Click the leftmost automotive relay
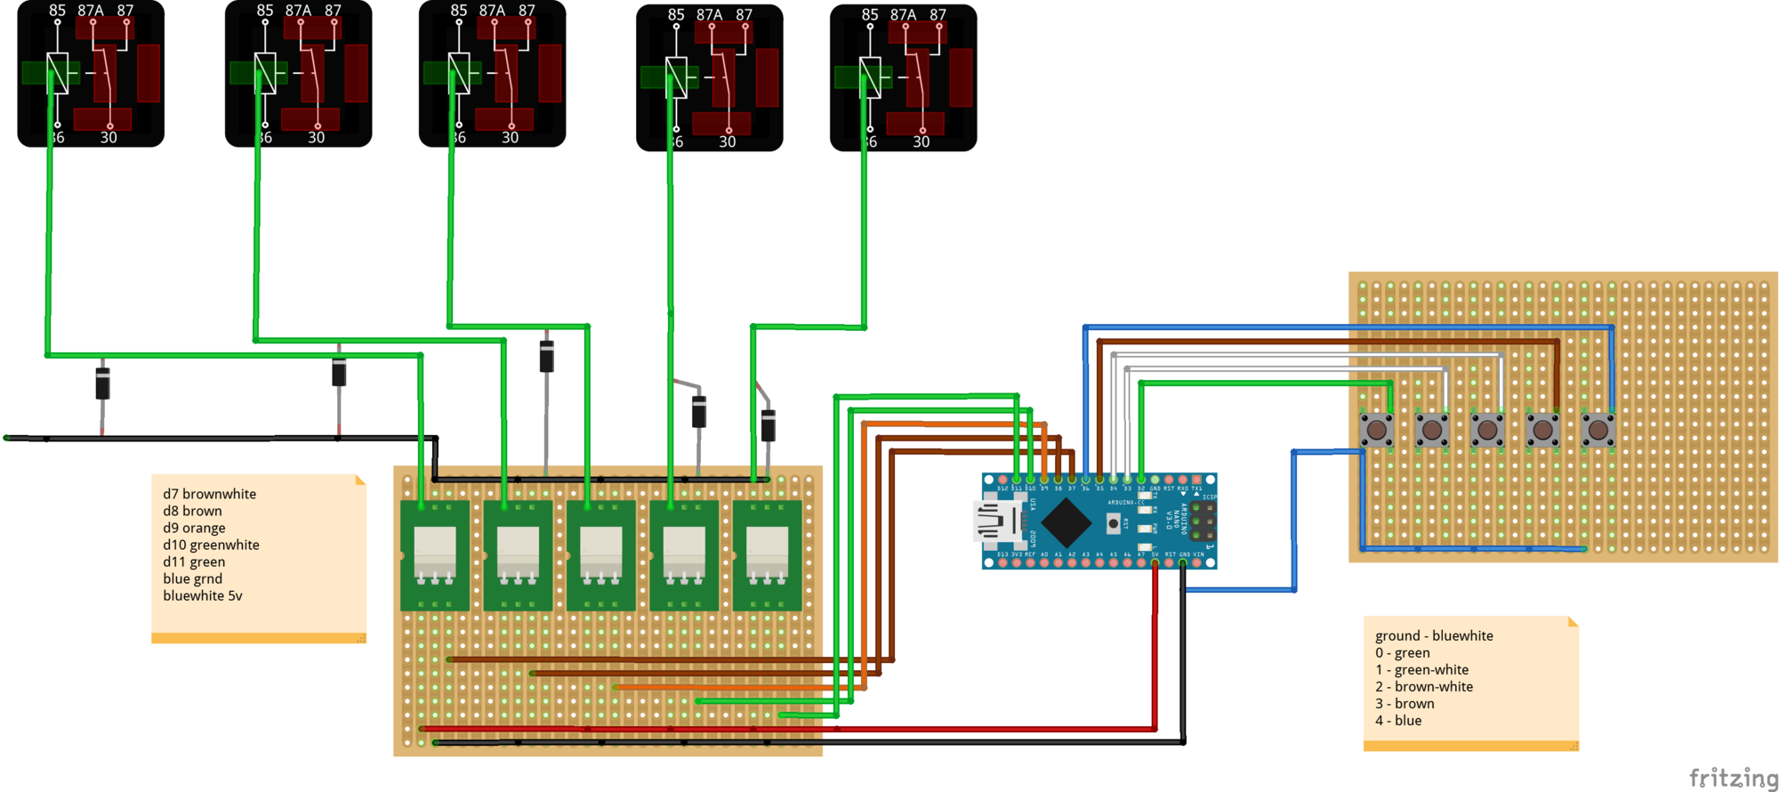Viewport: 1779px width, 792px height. pos(91,74)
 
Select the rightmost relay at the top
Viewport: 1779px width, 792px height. pos(903,78)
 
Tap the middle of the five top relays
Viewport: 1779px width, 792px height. pos(492,74)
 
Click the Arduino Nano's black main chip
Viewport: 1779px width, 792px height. pos(1066,522)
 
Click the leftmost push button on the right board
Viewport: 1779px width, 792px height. pos(1376,430)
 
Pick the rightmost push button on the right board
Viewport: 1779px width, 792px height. pos(1598,430)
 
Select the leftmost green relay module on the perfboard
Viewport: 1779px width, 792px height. pos(435,555)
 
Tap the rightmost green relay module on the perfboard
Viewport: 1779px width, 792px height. pos(767,555)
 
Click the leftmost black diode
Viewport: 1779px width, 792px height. pos(103,384)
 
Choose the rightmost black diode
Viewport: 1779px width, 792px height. pos(769,425)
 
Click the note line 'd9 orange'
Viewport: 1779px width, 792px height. pos(194,528)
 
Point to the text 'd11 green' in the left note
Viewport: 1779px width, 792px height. pos(194,562)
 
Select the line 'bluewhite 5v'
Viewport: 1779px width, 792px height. pos(202,595)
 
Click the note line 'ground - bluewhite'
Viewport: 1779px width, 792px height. pos(1434,635)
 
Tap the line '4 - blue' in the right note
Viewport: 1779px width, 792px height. pos(1398,720)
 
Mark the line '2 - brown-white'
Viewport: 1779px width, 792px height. pos(1424,686)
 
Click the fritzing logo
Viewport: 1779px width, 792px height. pos(1734,778)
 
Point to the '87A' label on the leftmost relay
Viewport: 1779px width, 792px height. pos(90,11)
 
